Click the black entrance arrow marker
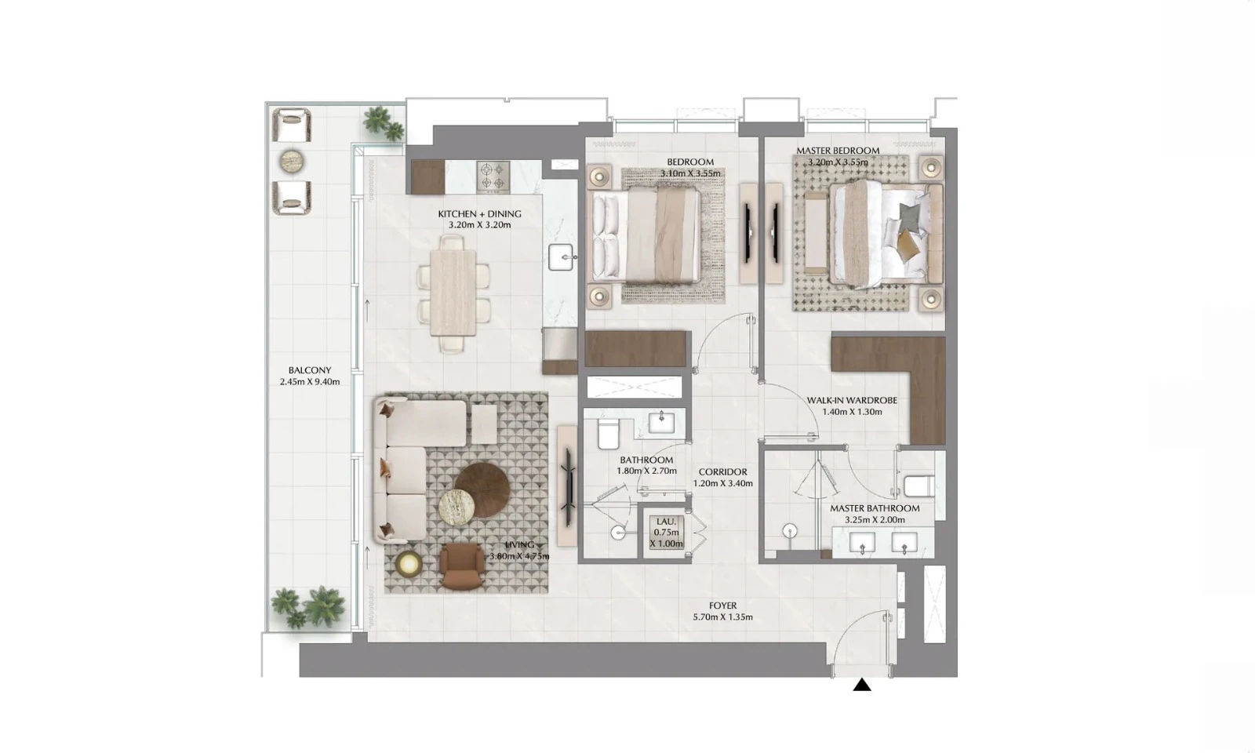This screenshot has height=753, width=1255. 862,686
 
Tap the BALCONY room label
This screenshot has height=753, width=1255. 309,370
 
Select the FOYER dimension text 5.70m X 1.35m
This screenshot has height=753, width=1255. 722,617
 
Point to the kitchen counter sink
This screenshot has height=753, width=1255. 562,256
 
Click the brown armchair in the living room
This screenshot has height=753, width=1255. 463,566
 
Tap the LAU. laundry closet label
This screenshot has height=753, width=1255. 667,521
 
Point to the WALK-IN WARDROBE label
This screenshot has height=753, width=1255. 852,400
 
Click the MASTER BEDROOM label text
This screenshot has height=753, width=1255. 838,151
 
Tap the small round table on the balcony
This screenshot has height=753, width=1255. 293,161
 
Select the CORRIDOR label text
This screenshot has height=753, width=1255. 722,472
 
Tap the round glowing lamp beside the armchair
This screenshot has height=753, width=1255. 408,562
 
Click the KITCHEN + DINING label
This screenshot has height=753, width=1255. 479,213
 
